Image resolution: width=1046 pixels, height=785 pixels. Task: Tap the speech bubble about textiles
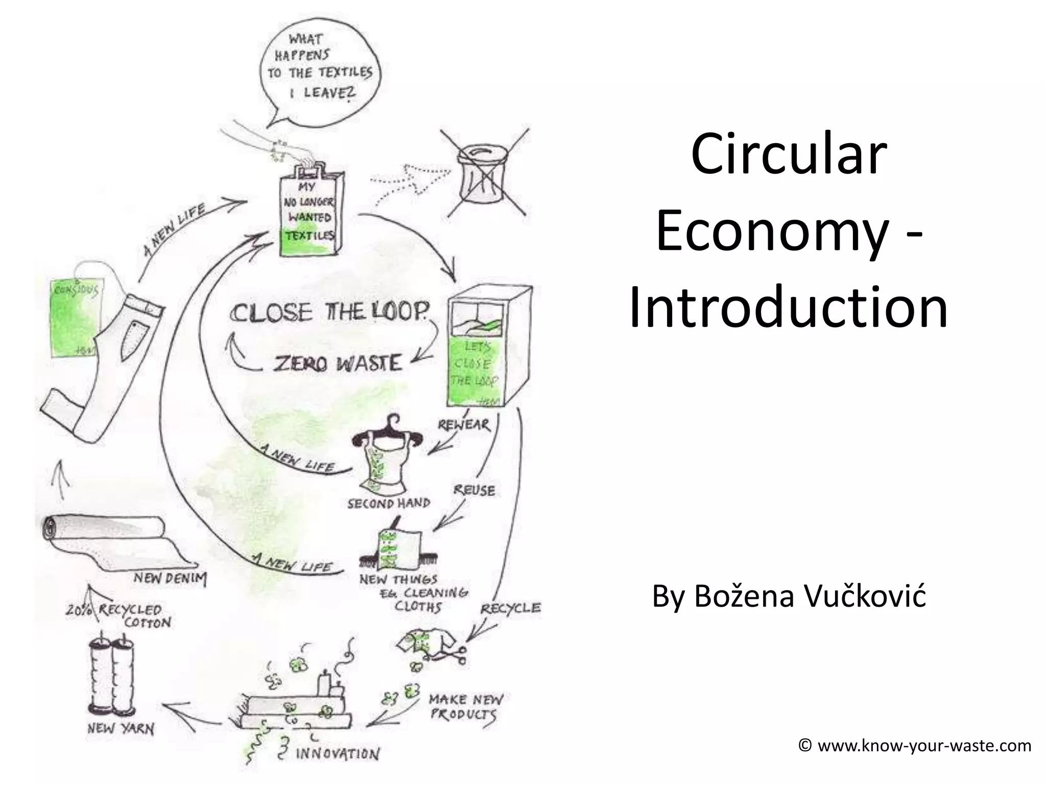point(320,66)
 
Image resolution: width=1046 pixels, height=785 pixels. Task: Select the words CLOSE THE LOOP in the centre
point(329,312)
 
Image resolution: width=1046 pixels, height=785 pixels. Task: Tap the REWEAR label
point(464,425)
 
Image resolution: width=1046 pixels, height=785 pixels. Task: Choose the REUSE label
point(474,491)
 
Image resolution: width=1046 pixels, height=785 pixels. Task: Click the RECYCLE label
point(510,608)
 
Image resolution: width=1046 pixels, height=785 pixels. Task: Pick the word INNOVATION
point(338,754)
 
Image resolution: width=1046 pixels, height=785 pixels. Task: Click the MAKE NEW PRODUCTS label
point(465,706)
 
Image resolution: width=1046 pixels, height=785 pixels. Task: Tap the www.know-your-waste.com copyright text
point(914,746)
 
